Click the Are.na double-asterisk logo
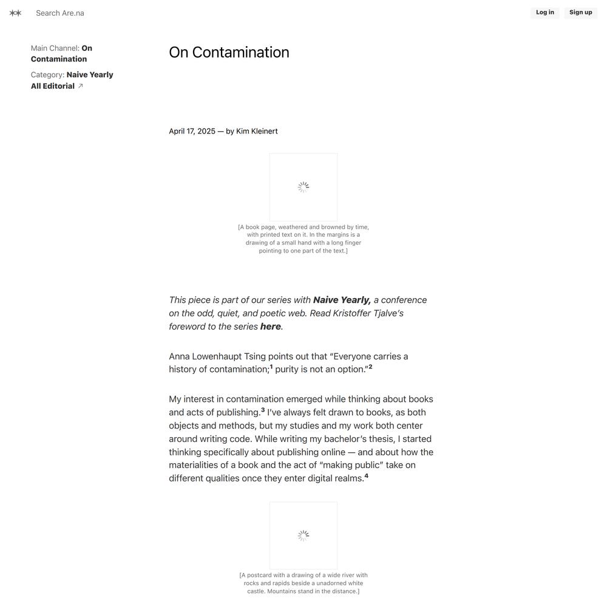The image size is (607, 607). click(15, 13)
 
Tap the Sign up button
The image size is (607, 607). click(580, 13)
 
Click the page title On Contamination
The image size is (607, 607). click(229, 52)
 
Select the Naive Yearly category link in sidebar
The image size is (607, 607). click(90, 75)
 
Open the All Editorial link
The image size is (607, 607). click(53, 86)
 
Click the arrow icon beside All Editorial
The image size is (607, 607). click(81, 86)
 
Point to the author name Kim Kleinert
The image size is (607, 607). click(257, 131)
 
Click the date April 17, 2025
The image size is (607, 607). click(192, 131)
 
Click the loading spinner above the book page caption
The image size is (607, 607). click(303, 187)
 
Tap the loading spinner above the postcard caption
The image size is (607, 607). click(303, 535)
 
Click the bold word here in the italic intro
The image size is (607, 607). click(270, 327)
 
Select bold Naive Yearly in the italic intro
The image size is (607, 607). click(342, 300)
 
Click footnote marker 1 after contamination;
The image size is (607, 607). click(271, 367)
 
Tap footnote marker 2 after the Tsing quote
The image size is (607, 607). click(370, 367)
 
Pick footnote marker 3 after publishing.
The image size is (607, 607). click(263, 410)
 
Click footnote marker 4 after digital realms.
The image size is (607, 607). click(366, 476)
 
